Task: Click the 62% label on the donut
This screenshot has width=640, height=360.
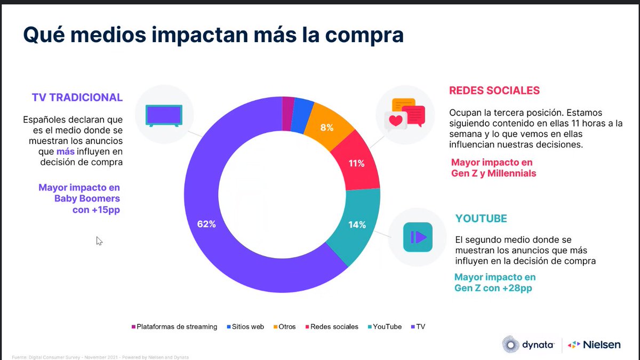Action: [x=206, y=225]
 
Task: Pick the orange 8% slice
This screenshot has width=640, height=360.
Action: [x=326, y=127]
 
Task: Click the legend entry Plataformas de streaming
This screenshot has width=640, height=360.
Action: [x=174, y=326]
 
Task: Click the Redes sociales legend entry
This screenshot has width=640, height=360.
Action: [x=331, y=326]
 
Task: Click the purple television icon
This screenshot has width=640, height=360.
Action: [x=165, y=116]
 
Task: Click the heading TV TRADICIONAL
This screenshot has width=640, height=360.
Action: [x=77, y=98]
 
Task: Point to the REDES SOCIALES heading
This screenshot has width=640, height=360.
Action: [x=494, y=90]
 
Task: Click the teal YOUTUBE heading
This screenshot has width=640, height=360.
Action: [x=481, y=219]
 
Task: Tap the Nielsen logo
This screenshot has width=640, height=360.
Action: [x=594, y=345]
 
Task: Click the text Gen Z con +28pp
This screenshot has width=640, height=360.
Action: [x=493, y=289]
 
